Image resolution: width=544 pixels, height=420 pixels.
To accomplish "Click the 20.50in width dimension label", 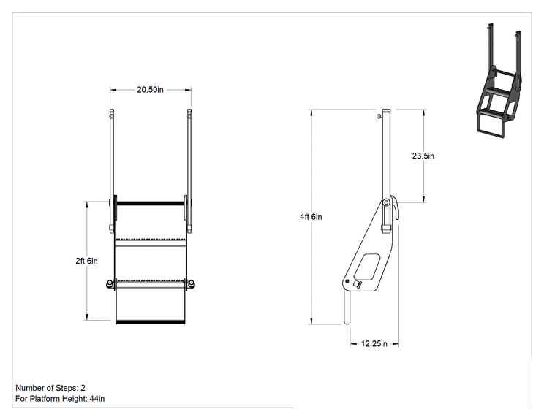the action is click(150, 90).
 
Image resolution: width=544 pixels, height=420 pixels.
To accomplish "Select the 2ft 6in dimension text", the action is click(86, 261).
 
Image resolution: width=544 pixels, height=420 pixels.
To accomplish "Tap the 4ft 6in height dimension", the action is click(311, 217).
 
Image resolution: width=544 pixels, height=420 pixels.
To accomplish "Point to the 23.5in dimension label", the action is click(423, 156).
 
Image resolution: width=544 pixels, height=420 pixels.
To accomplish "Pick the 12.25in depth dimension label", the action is click(374, 344).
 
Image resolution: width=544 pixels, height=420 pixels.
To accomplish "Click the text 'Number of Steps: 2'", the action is click(50, 388).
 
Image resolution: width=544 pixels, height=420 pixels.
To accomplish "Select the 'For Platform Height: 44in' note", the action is click(60, 399).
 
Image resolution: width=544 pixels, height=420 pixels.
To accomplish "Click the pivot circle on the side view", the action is click(386, 202).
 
